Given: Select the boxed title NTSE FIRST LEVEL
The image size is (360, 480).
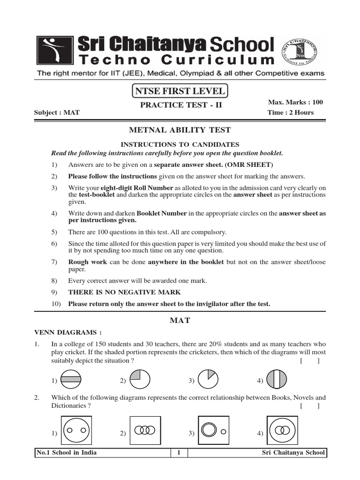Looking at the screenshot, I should pyautogui.click(x=180, y=91).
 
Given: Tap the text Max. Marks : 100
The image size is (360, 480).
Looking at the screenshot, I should pyautogui.click(x=295, y=102).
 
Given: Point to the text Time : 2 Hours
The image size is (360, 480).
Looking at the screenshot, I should pyautogui.click(x=291, y=112).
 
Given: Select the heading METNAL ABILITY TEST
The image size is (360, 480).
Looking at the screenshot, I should pyautogui.click(x=180, y=130).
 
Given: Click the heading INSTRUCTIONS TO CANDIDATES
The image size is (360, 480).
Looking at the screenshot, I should pyautogui.click(x=180, y=145).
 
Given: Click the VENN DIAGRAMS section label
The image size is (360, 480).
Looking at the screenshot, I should pyautogui.click(x=67, y=333).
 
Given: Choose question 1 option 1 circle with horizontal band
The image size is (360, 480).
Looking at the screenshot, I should pyautogui.click(x=71, y=380).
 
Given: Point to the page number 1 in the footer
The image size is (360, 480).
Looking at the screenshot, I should pyautogui.click(x=179, y=453).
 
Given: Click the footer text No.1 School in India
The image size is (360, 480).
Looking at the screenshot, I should pyautogui.click(x=67, y=453).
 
